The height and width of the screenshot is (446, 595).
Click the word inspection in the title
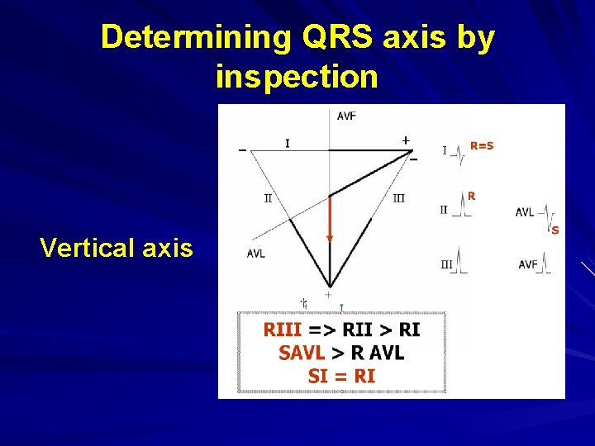297,76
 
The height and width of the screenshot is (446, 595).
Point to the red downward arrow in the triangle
330,218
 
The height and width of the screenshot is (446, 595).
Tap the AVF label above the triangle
346,116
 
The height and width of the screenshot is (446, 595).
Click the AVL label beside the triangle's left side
256,254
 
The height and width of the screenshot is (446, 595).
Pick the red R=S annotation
482,146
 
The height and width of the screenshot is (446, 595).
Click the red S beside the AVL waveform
555,230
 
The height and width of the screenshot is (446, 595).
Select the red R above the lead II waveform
471,196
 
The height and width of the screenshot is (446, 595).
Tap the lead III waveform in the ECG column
460,263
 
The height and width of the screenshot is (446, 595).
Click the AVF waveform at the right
545,264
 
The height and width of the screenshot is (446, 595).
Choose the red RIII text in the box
283,330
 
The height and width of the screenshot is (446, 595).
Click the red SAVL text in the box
302,353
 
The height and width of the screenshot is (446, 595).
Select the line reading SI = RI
341,377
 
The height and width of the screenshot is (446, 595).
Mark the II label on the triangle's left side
268,198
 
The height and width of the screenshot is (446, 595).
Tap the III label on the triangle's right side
398,198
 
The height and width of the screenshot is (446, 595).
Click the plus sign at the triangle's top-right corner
406,140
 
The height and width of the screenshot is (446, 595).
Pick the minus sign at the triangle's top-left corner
242,150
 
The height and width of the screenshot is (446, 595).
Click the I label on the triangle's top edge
288,144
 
